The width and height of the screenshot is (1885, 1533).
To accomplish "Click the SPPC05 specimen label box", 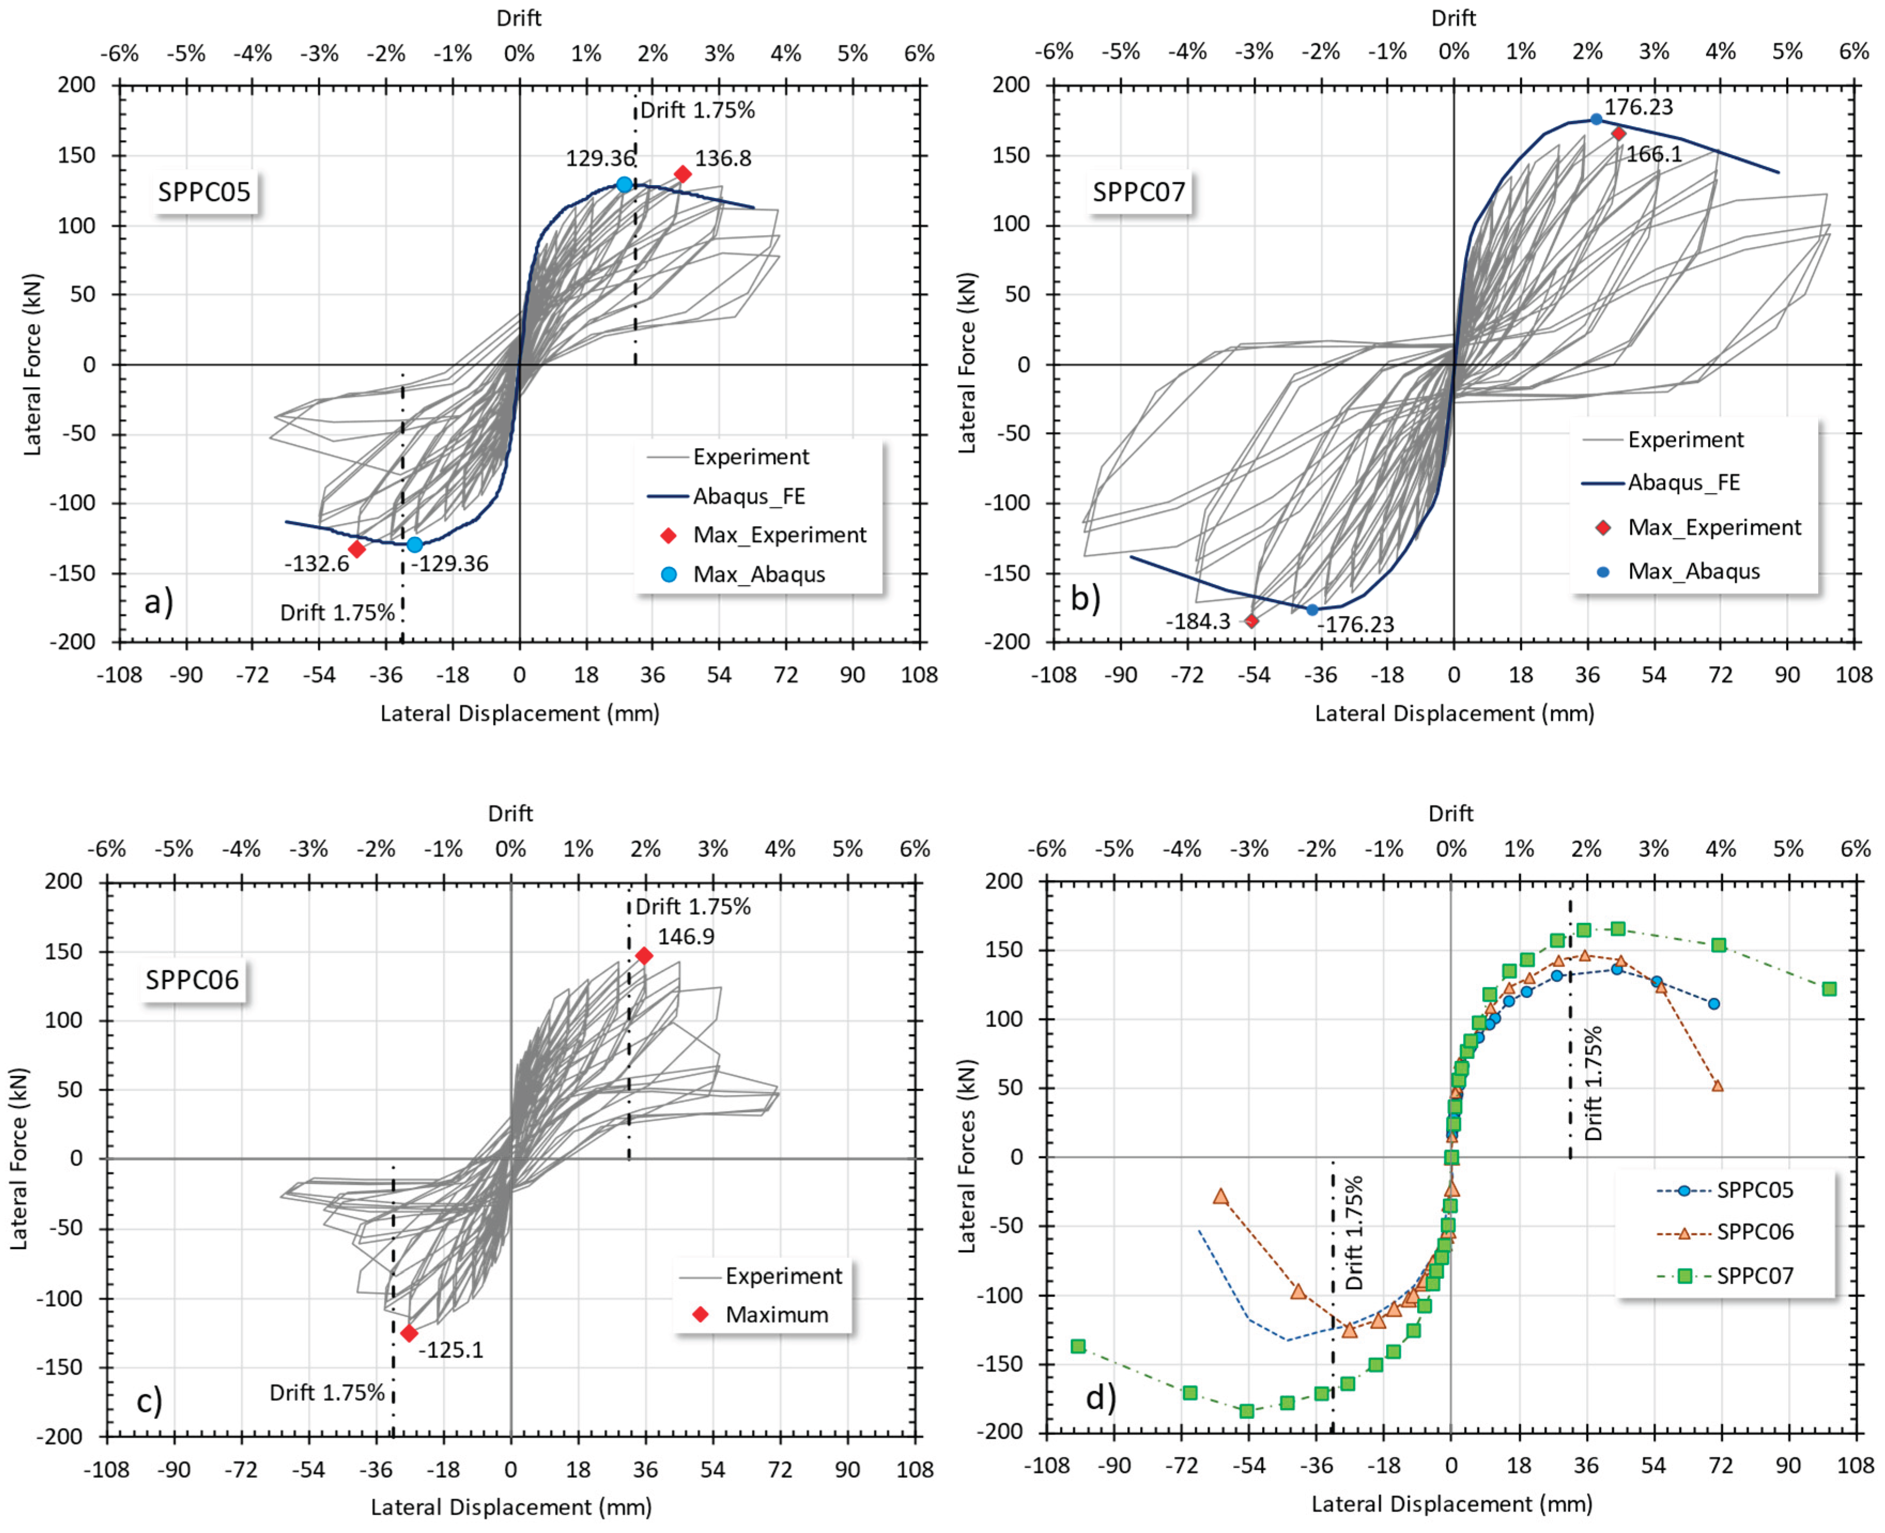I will click(204, 191).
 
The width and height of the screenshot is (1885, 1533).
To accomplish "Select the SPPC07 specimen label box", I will click(1139, 191).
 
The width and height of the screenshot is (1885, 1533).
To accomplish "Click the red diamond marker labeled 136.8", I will click(683, 174).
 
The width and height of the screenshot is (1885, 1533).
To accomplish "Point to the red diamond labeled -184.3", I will click(1251, 621).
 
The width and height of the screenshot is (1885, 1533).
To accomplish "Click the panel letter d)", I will click(1101, 1398).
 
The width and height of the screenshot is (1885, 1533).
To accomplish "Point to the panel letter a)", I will click(159, 602).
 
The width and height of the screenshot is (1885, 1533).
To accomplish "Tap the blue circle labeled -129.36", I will click(415, 545).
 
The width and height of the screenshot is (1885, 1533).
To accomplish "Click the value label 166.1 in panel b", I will click(1654, 155).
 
